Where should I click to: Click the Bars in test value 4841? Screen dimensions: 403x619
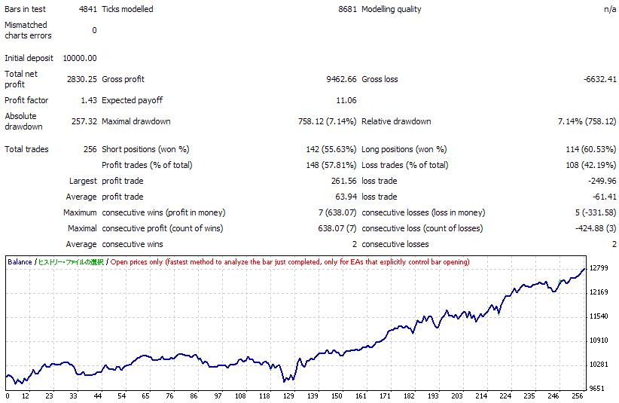[84, 10]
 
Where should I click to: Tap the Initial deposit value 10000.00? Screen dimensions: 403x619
[81, 58]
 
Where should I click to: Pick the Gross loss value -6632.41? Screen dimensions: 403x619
[599, 79]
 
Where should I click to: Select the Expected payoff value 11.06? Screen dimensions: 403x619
[346, 100]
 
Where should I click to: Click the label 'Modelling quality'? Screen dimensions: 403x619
[392, 10]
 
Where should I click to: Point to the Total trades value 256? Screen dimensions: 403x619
[89, 149]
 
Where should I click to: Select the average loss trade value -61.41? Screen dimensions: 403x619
[604, 197]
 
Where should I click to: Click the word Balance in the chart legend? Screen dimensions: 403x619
[20, 262]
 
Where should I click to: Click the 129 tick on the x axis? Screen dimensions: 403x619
[289, 396]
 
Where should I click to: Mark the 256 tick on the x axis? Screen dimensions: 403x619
[575, 396]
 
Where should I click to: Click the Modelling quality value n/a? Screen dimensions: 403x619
[611, 10]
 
